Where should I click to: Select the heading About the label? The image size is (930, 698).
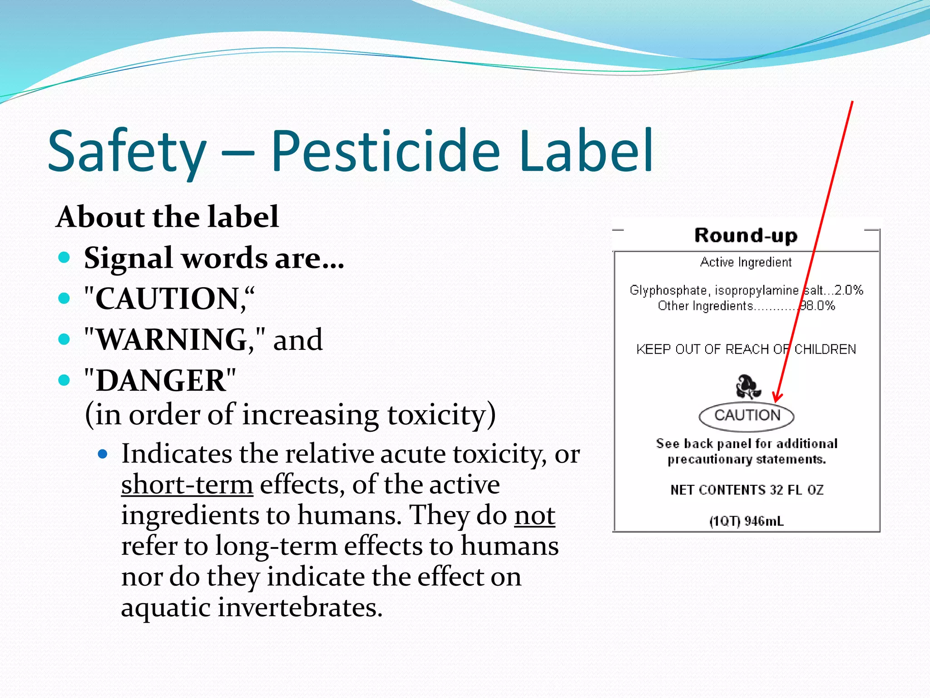(x=167, y=216)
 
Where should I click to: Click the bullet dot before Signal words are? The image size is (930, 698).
(x=64, y=258)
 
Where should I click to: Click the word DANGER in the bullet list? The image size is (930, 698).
(x=161, y=380)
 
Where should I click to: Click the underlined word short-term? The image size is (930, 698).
(x=187, y=484)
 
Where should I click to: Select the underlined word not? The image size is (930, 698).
(x=534, y=515)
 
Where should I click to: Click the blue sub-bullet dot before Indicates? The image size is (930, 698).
(x=103, y=454)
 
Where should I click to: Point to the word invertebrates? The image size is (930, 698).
(x=300, y=607)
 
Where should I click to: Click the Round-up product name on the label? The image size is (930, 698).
(x=746, y=236)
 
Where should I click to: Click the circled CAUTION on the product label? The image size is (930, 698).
(x=747, y=415)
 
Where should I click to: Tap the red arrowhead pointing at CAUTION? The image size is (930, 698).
(x=777, y=398)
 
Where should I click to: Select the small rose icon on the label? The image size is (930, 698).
(x=747, y=386)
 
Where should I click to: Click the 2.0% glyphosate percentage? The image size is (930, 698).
(x=848, y=290)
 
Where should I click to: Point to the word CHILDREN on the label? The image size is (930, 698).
(x=825, y=349)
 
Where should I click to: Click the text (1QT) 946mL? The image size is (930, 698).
(x=747, y=521)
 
